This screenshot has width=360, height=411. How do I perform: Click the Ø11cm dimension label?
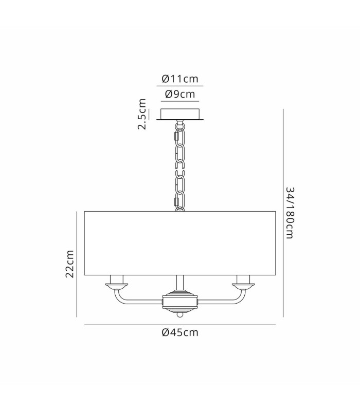pyautogui.click(x=180, y=79)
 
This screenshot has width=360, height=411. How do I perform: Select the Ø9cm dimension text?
pyautogui.click(x=180, y=94)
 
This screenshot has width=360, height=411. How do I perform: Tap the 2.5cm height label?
pyautogui.click(x=142, y=114)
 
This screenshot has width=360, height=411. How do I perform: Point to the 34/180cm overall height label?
pyautogui.click(x=290, y=213)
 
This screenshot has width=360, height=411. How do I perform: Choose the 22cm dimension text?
pyautogui.click(x=70, y=264)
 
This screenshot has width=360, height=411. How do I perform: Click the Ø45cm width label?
pyautogui.click(x=180, y=332)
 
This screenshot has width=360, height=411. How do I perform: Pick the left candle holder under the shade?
pyautogui.click(x=117, y=282)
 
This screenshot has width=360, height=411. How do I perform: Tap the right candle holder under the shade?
pyautogui.click(x=243, y=282)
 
